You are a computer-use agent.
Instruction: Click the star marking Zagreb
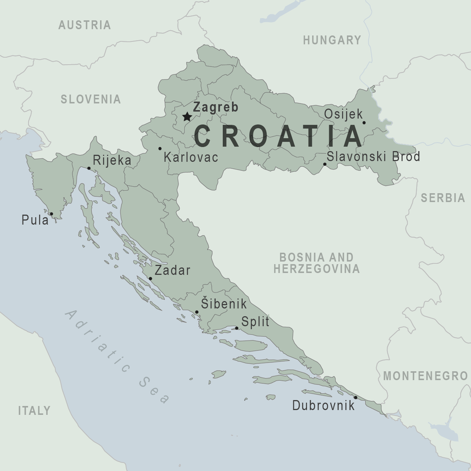(x=187, y=117)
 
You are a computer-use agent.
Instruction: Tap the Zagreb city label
(x=216, y=107)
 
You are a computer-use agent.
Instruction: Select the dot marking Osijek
(x=364, y=123)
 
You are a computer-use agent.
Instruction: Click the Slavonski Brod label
(x=373, y=157)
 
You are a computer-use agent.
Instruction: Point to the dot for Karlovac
(x=160, y=149)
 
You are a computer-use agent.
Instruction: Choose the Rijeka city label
(x=112, y=160)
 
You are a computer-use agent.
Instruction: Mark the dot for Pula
(x=51, y=214)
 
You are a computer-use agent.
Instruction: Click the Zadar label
(x=173, y=270)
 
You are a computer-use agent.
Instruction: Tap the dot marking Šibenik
(x=197, y=312)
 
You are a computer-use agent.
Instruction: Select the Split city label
(x=255, y=322)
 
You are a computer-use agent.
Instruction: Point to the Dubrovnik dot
(x=355, y=397)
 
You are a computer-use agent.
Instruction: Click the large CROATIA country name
(x=278, y=136)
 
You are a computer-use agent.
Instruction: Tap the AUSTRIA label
(x=85, y=25)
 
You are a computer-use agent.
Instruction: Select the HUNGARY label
(x=332, y=40)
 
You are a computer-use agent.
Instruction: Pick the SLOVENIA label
(x=91, y=99)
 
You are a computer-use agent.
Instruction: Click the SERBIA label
(x=443, y=198)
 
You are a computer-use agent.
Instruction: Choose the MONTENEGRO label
(x=426, y=376)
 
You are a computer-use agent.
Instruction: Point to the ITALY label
(x=34, y=410)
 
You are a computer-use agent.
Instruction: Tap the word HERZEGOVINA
(x=317, y=269)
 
